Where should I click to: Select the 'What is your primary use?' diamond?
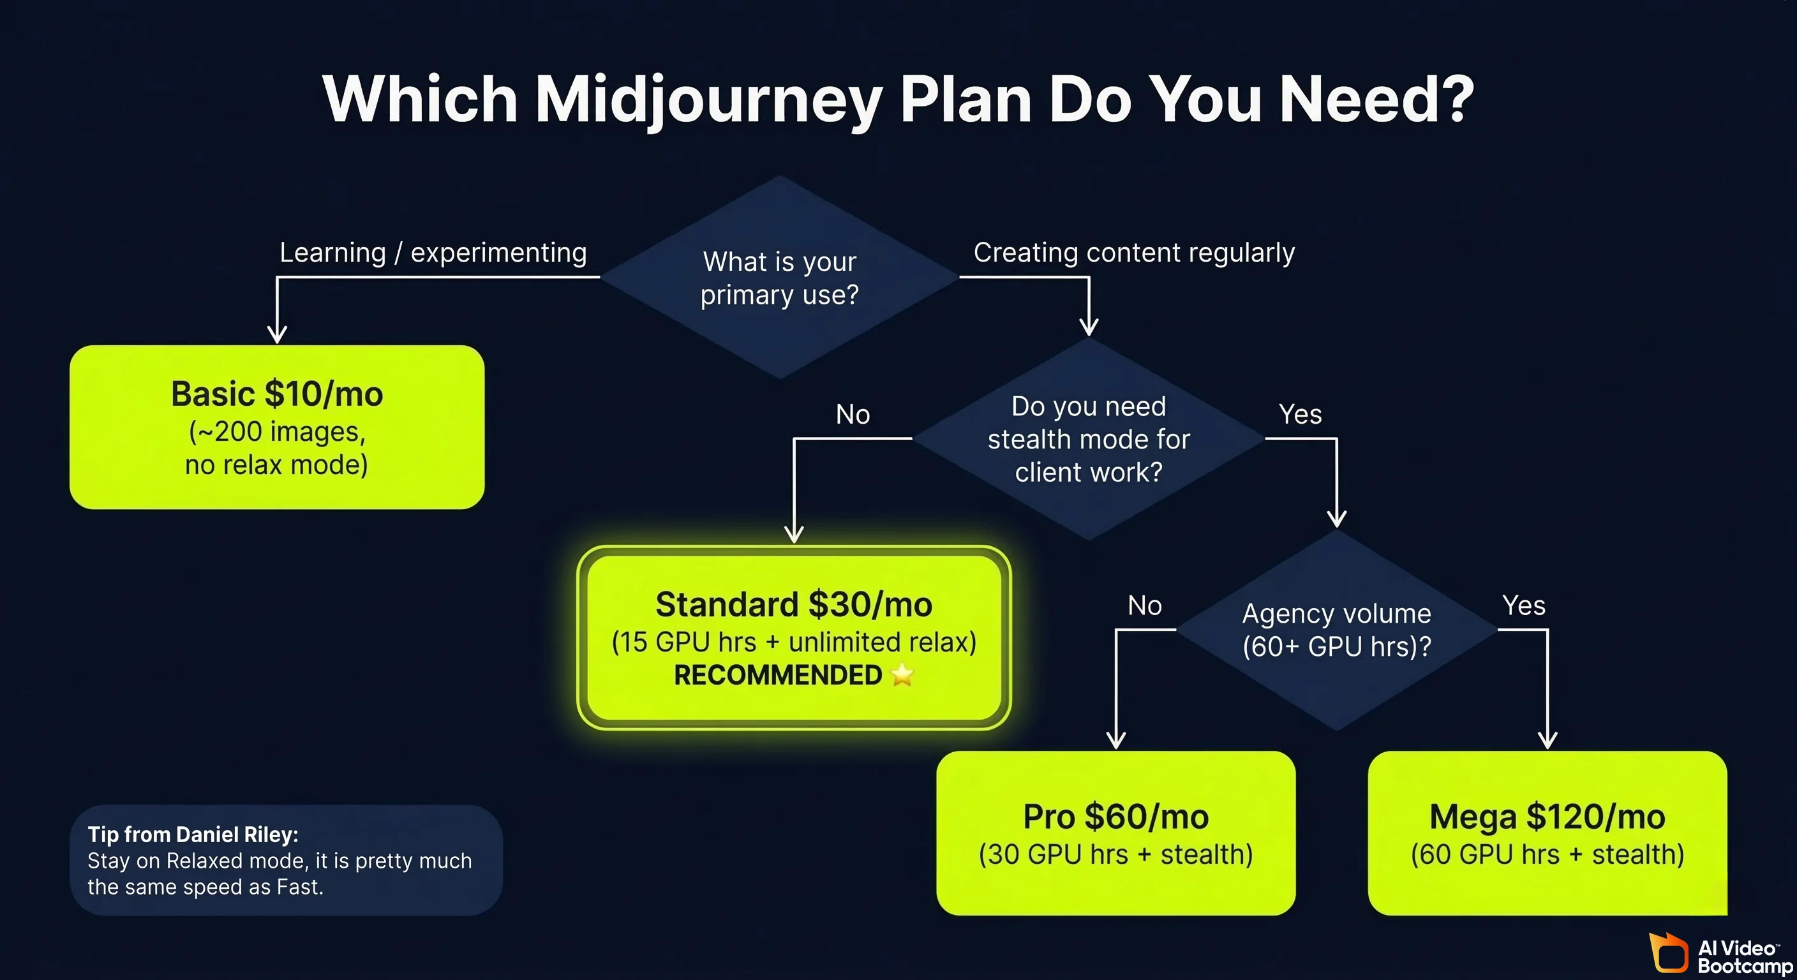779,278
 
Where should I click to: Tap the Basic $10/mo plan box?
277,427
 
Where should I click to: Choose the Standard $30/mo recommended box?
794,637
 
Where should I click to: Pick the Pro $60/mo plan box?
1115,833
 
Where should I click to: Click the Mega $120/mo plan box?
1547,833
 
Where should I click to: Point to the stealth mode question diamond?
1088,439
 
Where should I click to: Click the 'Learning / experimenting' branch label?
433,253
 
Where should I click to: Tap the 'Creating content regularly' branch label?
1133,253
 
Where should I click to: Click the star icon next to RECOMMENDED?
902,674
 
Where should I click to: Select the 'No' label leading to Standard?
853,414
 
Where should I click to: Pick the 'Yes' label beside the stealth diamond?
1300,414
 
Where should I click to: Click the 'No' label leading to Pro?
1145,605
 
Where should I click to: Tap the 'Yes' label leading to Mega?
1523,605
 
